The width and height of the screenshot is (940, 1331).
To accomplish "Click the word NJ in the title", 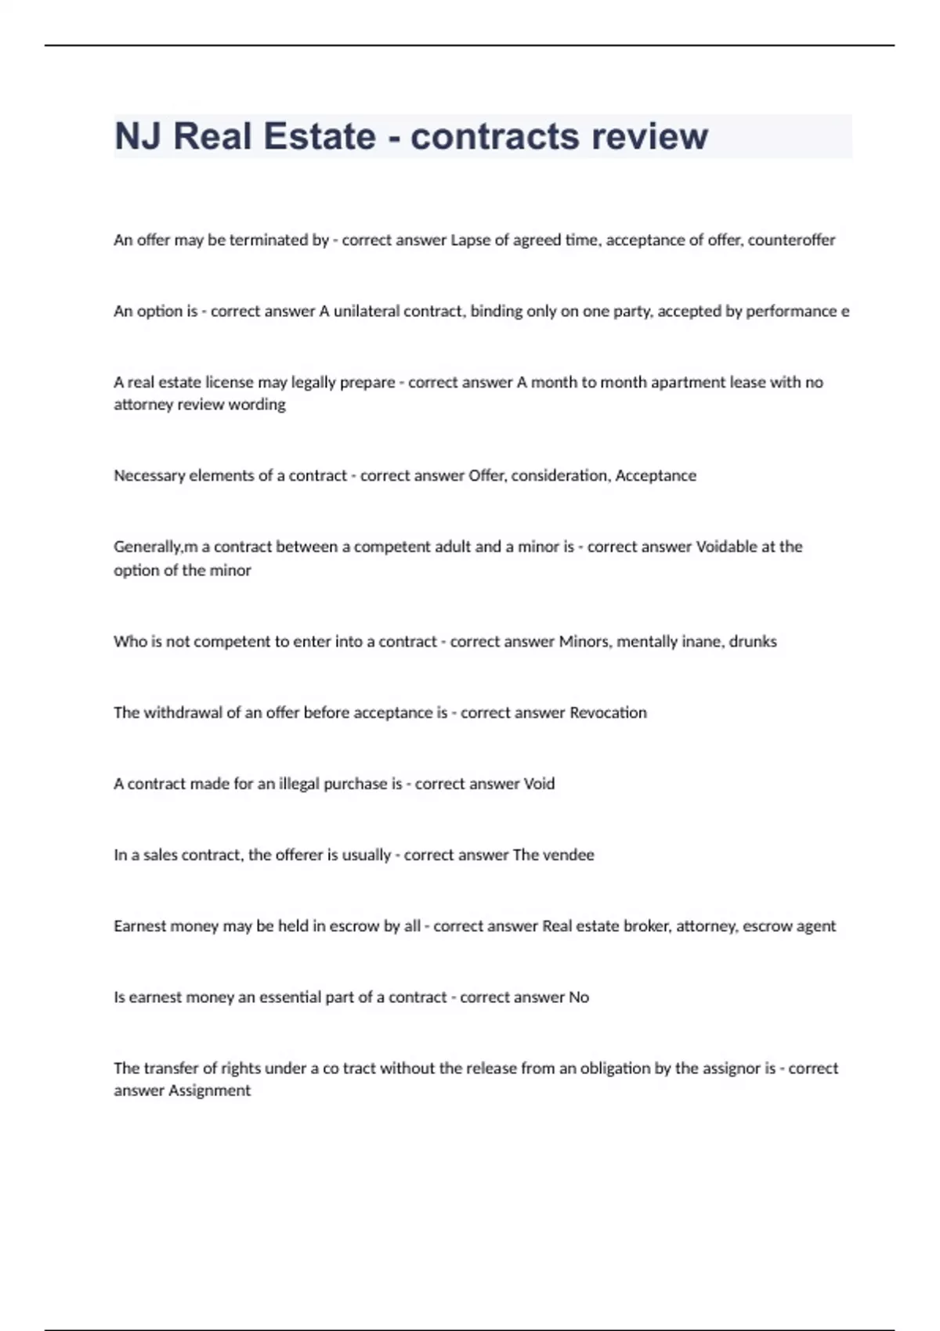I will [x=137, y=136].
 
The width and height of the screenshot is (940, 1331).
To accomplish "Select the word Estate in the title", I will [x=320, y=136].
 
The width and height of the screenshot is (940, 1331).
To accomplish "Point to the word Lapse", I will [x=469, y=240].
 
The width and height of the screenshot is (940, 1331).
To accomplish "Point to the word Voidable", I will [x=726, y=546].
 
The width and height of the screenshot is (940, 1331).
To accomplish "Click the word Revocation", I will [x=608, y=713].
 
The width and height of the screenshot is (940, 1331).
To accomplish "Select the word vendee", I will [x=566, y=855].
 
